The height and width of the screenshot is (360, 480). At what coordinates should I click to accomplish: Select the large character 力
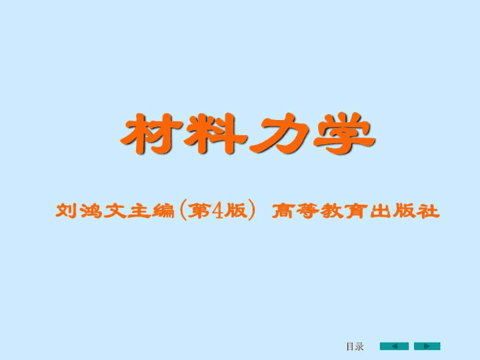click(279, 133)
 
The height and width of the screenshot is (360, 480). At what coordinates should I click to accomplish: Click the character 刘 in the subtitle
click(66, 211)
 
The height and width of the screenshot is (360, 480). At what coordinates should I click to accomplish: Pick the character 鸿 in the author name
click(91, 211)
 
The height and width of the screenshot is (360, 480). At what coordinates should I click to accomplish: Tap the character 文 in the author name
click(115, 211)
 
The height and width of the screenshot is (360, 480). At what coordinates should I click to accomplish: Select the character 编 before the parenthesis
click(163, 211)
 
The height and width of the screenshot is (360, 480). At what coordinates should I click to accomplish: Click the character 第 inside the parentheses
click(199, 211)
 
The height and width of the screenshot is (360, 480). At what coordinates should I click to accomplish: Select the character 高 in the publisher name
click(283, 211)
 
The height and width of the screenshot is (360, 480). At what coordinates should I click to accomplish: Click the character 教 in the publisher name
click(331, 211)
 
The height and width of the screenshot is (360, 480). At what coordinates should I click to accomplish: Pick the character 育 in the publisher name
click(356, 211)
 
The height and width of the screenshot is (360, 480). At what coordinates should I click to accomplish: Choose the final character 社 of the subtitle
click(428, 211)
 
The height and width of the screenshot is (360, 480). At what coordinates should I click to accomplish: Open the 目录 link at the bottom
click(355, 347)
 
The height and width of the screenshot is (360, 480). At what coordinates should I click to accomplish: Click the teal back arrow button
click(394, 346)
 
